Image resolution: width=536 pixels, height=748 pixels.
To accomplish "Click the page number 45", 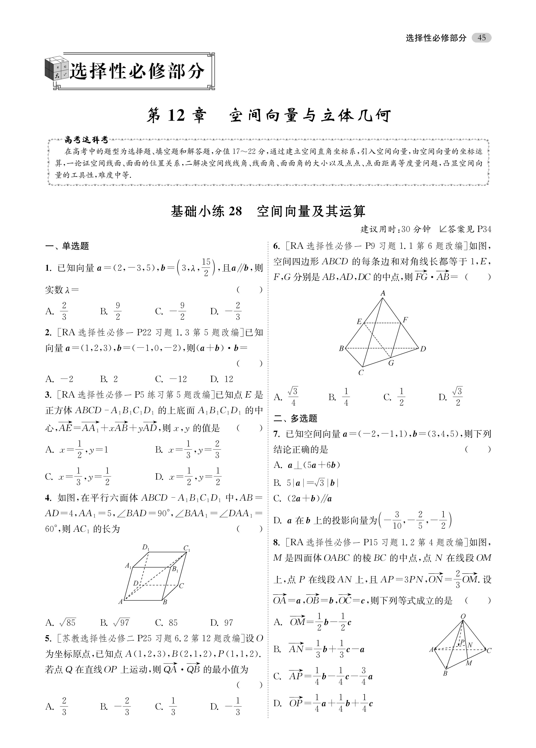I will pyautogui.click(x=481, y=38).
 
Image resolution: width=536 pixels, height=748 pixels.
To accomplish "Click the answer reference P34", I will pyautogui.click(x=484, y=229).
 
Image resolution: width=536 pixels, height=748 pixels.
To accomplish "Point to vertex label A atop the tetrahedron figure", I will pyautogui.click(x=383, y=293).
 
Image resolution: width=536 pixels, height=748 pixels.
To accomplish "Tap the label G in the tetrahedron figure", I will pyautogui.click(x=391, y=363).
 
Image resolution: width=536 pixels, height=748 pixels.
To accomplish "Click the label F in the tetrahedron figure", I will pyautogui.click(x=405, y=319).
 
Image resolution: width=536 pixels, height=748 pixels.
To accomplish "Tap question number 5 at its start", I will pyautogui.click(x=48, y=639).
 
